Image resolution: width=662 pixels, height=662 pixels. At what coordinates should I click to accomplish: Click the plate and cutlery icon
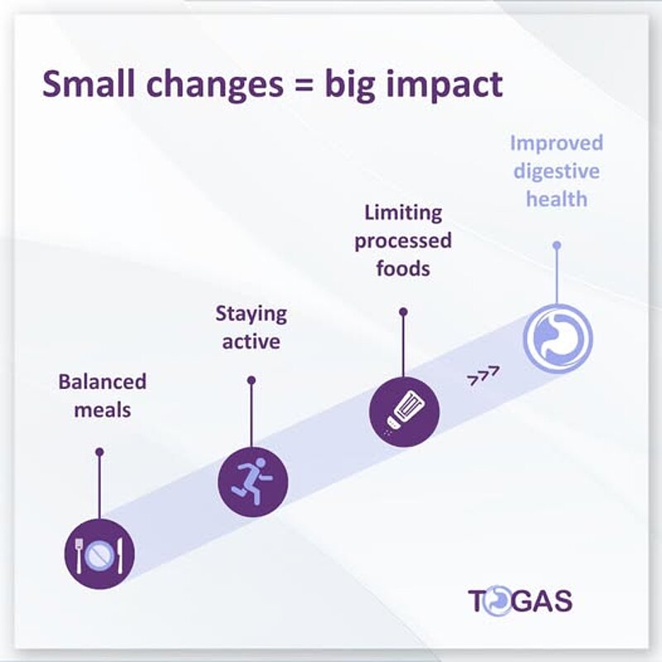[x=99, y=554]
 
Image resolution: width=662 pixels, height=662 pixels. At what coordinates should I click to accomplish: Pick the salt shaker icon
[x=404, y=411]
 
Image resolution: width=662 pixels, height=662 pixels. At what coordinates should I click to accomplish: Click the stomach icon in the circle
[x=557, y=338]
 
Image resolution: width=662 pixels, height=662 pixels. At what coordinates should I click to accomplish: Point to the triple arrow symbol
[x=483, y=377]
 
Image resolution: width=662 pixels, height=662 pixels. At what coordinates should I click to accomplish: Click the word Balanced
[x=102, y=381]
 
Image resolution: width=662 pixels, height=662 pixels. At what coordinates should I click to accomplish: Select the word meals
[x=103, y=409]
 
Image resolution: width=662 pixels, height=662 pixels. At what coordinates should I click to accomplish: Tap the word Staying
[x=252, y=314]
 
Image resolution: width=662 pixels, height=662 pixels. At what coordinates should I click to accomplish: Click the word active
[x=252, y=341]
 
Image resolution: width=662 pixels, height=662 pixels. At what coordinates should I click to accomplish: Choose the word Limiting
[x=403, y=213]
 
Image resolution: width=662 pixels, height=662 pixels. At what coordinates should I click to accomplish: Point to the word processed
[x=404, y=241]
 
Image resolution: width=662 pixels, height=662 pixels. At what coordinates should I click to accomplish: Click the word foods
[x=403, y=268]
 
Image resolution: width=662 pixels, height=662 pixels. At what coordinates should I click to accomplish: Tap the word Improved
[x=556, y=143]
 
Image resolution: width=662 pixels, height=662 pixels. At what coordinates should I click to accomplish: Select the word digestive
[x=556, y=171]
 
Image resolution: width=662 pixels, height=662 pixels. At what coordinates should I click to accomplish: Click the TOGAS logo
[x=520, y=600]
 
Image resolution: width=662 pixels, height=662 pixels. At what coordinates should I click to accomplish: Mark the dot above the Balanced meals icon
[x=99, y=452]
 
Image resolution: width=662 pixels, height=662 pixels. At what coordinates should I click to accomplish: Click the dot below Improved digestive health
[x=557, y=245]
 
